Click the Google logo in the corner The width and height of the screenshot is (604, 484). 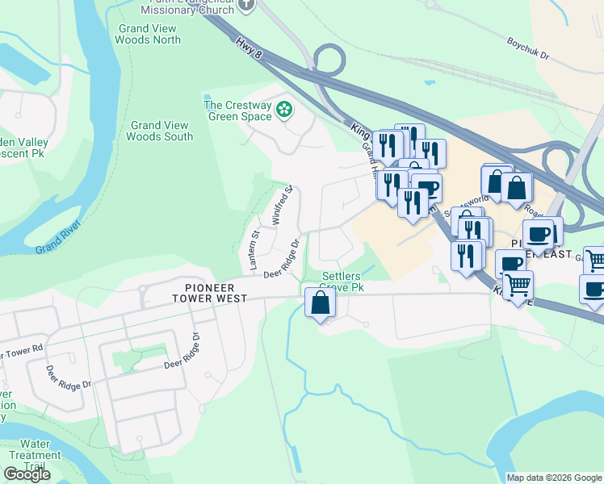click(x=27, y=474)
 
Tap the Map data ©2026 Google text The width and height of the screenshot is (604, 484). click(x=554, y=478)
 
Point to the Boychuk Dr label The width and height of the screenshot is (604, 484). click(x=528, y=48)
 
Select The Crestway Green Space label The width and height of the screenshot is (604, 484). click(x=239, y=111)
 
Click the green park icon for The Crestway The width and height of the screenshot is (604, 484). click(x=284, y=110)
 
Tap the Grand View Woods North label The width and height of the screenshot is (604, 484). click(x=149, y=34)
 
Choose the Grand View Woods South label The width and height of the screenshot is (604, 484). click(x=160, y=131)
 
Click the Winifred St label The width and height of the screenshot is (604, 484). click(x=281, y=207)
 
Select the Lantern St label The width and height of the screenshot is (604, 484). click(x=254, y=249)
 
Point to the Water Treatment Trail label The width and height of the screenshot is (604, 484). click(x=35, y=455)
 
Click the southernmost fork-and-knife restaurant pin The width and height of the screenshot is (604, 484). click(x=466, y=256)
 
